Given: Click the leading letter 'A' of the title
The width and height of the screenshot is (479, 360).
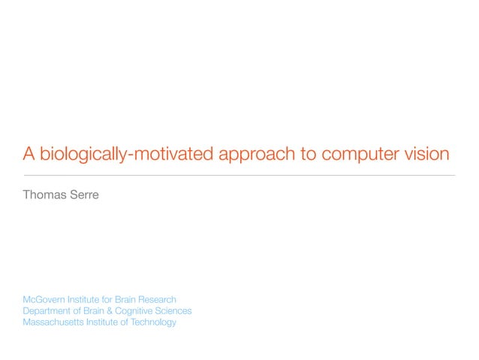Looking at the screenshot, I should (29, 154).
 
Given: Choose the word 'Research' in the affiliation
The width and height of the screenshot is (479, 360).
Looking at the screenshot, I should (157, 299).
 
